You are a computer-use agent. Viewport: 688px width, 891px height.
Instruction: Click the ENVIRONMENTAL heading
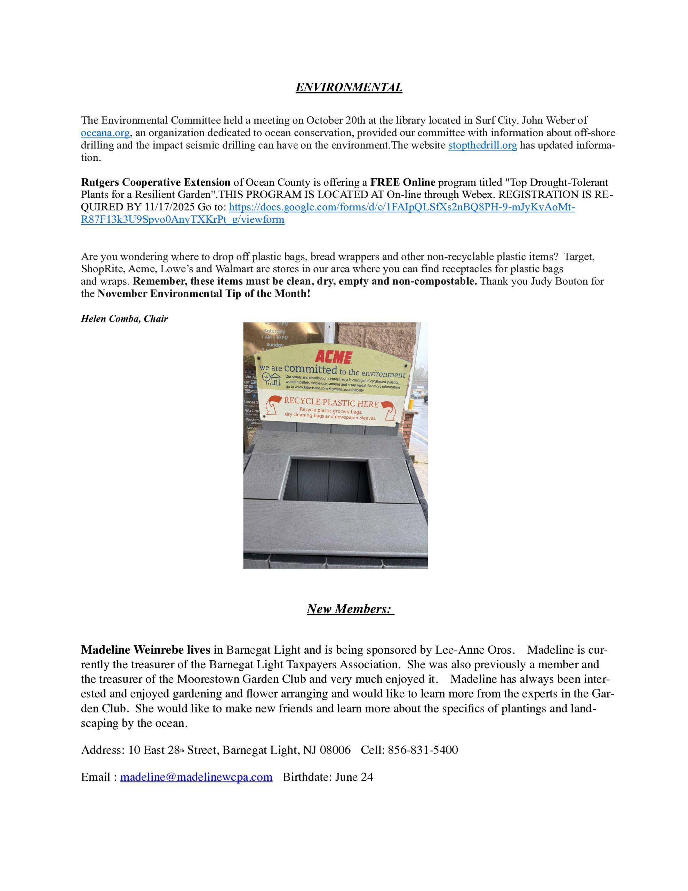349,87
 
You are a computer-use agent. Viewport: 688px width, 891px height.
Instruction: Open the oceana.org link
105,133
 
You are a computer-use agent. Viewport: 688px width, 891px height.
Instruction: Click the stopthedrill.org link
482,145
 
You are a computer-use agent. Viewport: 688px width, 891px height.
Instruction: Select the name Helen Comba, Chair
125,318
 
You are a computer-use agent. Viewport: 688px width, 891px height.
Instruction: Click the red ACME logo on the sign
334,357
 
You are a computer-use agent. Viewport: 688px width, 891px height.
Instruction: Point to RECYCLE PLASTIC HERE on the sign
331,403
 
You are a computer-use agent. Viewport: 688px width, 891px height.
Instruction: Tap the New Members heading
350,609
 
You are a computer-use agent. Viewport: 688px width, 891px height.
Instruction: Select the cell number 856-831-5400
423,750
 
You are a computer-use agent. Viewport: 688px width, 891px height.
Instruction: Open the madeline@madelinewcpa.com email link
196,777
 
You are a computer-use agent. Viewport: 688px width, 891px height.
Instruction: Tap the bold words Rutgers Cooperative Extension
155,182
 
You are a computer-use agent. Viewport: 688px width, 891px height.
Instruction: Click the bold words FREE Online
402,182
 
